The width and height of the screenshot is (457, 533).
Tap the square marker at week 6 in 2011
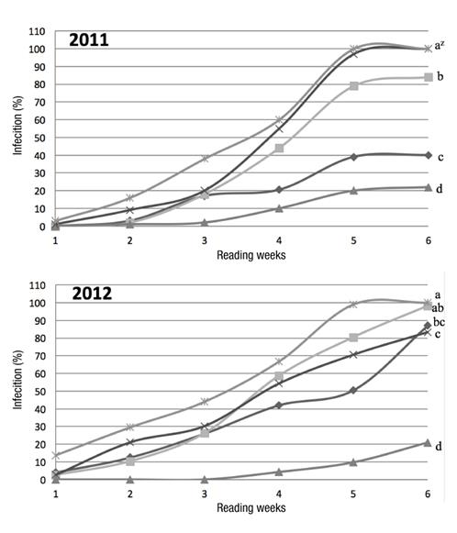click(428, 77)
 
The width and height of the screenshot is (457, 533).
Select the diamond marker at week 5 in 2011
click(353, 157)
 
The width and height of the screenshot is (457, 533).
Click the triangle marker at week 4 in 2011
click(279, 208)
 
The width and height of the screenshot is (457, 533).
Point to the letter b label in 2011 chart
click(440, 77)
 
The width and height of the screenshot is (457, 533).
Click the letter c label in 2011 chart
click(440, 157)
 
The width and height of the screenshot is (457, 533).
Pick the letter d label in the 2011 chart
click(440, 189)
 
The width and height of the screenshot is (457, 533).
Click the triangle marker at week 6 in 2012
click(428, 443)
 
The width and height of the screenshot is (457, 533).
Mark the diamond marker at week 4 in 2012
click(279, 405)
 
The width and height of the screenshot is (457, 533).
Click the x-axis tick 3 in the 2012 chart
click(204, 494)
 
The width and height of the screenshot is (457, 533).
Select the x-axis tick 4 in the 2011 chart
click(279, 240)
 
